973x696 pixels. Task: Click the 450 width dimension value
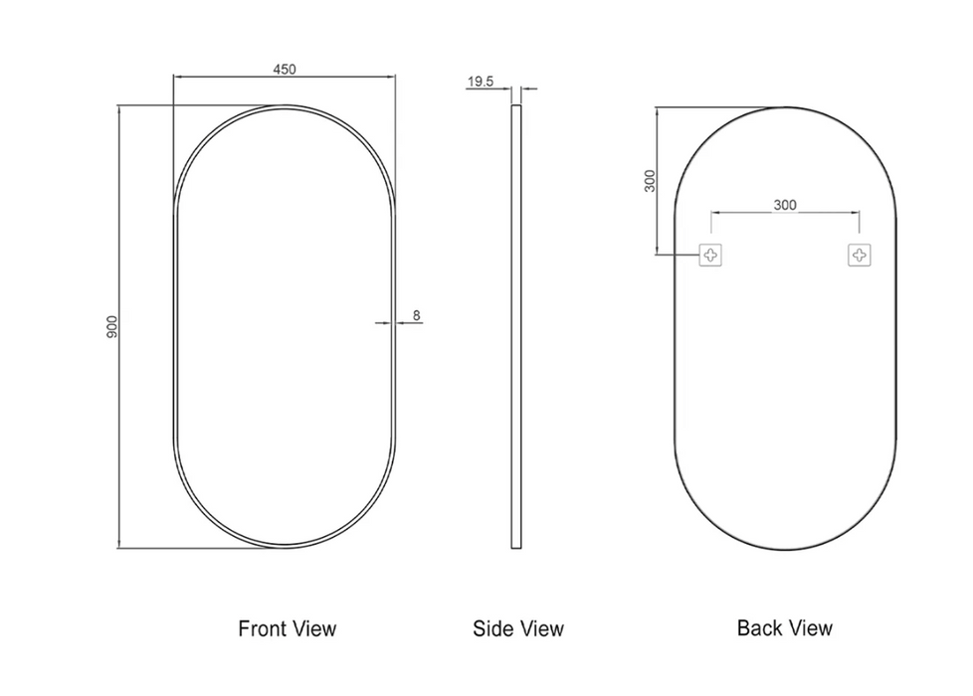point(285,69)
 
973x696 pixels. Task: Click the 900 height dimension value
point(111,327)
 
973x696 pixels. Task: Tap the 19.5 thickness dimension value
point(481,82)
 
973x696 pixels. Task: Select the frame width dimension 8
point(417,316)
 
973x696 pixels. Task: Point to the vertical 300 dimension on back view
point(650,181)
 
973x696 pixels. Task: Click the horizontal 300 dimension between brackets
point(785,205)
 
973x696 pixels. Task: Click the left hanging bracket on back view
point(710,255)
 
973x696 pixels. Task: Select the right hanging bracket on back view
point(860,255)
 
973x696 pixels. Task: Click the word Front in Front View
point(263,628)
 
